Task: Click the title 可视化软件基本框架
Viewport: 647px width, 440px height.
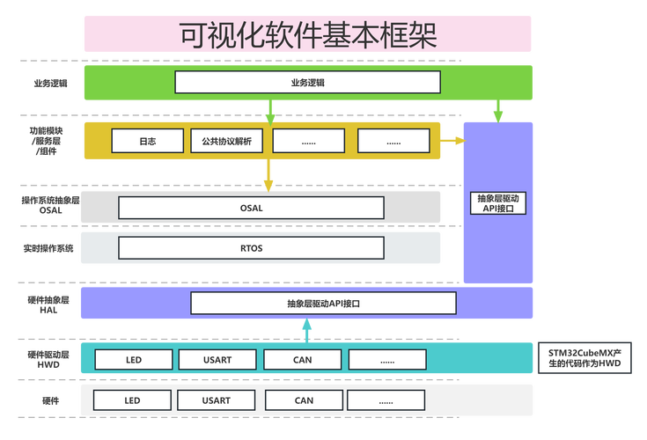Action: pyautogui.click(x=307, y=34)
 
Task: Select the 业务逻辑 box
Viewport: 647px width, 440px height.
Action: pyautogui.click(x=307, y=82)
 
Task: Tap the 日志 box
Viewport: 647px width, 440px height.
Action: pyautogui.click(x=148, y=141)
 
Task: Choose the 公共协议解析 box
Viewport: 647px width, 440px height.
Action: pyautogui.click(x=226, y=141)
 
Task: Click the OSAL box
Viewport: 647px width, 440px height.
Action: pyautogui.click(x=251, y=208)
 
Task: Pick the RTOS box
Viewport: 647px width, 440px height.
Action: pyautogui.click(x=251, y=248)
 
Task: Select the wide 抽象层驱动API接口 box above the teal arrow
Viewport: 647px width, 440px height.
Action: pyautogui.click(x=323, y=304)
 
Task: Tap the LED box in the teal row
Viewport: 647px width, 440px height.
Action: pyautogui.click(x=132, y=359)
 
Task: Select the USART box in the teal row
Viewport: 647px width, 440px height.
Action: pyautogui.click(x=217, y=359)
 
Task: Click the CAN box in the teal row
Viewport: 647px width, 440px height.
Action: pyautogui.click(x=304, y=359)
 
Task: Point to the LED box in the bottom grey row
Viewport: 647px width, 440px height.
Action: pyautogui.click(x=132, y=400)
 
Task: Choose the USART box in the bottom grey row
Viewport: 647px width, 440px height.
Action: pyautogui.click(x=217, y=400)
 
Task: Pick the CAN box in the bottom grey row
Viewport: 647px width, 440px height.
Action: pyautogui.click(x=304, y=400)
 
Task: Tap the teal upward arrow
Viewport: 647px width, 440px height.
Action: pyautogui.click(x=305, y=330)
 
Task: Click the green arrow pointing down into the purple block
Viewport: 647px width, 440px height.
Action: pyautogui.click(x=497, y=112)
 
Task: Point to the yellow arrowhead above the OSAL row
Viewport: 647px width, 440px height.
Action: pyautogui.click(x=268, y=183)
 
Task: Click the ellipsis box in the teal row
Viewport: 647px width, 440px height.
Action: pyautogui.click(x=387, y=359)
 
